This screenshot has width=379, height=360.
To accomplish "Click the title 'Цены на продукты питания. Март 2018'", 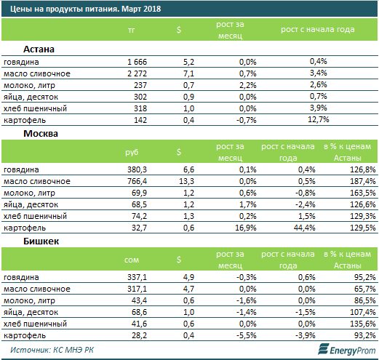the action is point(86,9).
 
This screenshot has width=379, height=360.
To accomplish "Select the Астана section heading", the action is point(39,49).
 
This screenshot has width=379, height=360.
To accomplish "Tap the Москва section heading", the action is point(41,134).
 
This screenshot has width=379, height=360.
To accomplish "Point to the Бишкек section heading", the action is point(41,241).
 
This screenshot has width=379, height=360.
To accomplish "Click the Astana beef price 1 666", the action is point(137,62).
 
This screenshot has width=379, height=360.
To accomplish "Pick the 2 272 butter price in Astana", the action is point(137,73).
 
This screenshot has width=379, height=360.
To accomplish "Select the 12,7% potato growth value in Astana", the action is point(319,119).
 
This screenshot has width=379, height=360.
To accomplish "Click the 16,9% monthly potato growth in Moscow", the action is point(246,228).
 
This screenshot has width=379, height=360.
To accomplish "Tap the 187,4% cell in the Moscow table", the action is point(363,181).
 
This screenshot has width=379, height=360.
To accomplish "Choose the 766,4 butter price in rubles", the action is point(137,181).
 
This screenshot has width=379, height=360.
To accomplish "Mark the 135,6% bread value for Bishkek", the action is point(363,324).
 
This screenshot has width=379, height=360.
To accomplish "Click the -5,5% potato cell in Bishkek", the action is point(247,335).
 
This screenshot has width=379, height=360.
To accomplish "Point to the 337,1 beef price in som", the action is point(137,277).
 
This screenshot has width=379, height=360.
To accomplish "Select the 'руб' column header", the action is point(132,152).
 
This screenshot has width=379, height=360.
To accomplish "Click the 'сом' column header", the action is point(132,260).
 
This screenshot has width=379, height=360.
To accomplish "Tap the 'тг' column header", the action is point(131,31).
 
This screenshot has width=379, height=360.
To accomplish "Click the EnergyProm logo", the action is point(347,349).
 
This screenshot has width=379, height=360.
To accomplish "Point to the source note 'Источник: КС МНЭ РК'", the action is point(52,350).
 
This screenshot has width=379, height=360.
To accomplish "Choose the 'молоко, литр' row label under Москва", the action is point(29,193).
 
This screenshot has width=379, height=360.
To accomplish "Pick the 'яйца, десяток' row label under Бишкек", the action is point(31,313).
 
